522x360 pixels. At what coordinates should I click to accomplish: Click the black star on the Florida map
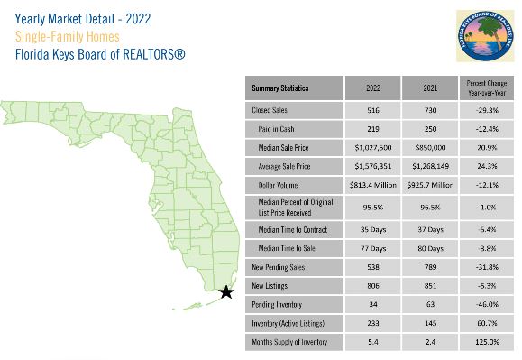pos(226,291)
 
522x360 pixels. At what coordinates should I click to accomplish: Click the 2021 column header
pos(430,88)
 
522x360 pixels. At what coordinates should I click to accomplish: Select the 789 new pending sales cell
pos(430,267)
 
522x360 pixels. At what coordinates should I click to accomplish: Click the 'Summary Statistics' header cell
pos(280,88)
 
